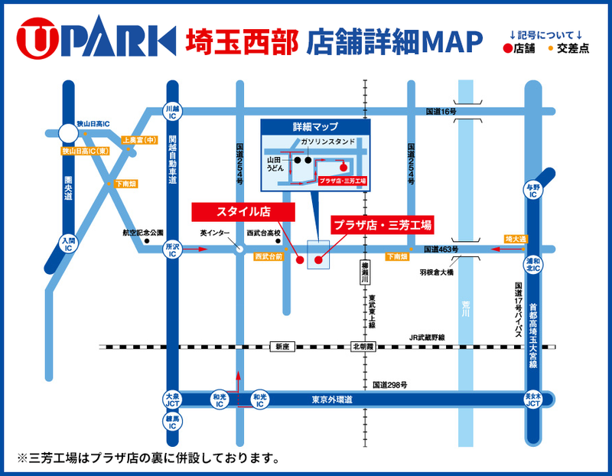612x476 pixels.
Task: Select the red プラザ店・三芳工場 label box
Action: pos(381,225)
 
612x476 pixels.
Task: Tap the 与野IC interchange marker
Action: pos(532,191)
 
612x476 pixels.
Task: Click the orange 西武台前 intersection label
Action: pos(269,257)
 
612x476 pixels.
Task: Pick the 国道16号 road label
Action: pos(441,112)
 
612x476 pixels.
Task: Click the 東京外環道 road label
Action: pos(333,399)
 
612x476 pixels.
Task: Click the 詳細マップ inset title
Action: pos(315,126)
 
